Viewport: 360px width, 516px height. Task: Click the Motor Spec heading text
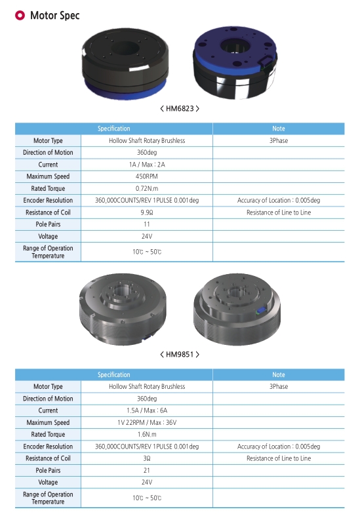tap(55, 15)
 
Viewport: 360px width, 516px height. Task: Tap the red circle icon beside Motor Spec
tap(20, 15)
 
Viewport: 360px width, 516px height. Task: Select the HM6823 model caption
tap(180, 109)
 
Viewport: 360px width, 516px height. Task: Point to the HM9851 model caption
tap(180, 355)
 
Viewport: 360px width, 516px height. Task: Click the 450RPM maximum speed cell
tap(147, 176)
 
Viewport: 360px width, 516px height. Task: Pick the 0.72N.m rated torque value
tap(147, 188)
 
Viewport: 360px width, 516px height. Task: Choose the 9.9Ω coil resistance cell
tap(147, 212)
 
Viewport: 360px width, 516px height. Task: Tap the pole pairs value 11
tap(147, 224)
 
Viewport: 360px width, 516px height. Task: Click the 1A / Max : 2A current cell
tap(147, 165)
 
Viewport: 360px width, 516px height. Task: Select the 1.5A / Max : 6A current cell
tap(147, 410)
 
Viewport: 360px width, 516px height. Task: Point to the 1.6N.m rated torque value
tap(147, 434)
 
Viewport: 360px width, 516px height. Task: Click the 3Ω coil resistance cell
tap(147, 458)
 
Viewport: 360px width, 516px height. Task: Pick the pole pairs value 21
tap(147, 470)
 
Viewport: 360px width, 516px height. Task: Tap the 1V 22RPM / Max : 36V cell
tap(147, 422)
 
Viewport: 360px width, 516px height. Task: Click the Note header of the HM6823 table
tap(278, 129)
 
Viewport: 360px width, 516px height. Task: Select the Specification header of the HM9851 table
tap(114, 375)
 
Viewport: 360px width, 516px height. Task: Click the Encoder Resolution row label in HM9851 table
tap(48, 447)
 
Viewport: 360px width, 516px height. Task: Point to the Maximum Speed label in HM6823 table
tap(48, 176)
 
